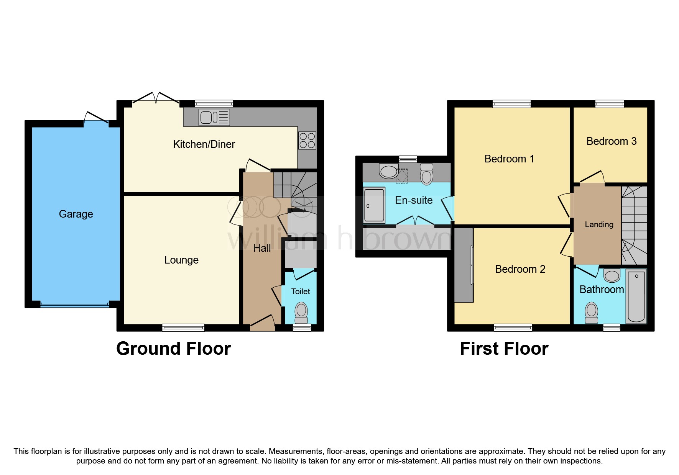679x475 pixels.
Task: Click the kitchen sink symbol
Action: (x=214, y=117)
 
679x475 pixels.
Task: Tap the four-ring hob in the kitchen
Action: (x=307, y=140)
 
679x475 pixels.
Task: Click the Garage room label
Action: (x=76, y=214)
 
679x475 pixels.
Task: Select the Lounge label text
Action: (x=181, y=260)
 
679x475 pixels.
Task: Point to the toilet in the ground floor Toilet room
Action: (x=301, y=313)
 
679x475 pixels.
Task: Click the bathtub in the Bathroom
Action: (x=636, y=296)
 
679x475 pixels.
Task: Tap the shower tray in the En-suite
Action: (x=374, y=205)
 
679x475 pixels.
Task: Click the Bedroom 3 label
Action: (x=611, y=141)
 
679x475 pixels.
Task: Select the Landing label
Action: (x=599, y=224)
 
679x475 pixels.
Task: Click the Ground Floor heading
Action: (x=173, y=349)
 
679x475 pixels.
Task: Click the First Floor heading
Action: (x=504, y=349)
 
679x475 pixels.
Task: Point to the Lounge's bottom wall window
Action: (x=183, y=328)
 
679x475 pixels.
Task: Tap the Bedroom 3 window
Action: (x=609, y=103)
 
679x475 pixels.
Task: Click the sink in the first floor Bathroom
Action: (x=612, y=275)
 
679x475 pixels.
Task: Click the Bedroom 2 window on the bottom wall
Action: (x=513, y=328)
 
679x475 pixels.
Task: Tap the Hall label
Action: (x=262, y=248)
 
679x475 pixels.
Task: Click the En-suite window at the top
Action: (x=408, y=159)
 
